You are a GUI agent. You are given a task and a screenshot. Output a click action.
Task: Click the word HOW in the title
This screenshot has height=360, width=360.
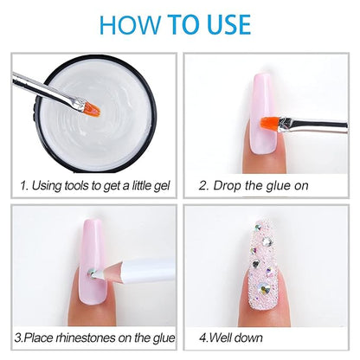click(x=130, y=24)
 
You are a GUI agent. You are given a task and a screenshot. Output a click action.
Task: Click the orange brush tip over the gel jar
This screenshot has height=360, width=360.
click(x=92, y=110)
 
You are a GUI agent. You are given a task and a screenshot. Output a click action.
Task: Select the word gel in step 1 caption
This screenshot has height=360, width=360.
click(x=162, y=186)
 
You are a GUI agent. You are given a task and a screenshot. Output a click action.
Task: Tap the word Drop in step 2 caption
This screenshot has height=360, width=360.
click(x=227, y=186)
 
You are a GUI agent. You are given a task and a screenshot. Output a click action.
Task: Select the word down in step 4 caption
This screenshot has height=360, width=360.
click(x=248, y=337)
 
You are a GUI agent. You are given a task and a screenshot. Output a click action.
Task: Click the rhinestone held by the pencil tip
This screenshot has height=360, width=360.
click(x=92, y=273)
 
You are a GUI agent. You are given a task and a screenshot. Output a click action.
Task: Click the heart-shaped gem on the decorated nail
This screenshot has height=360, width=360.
click(x=255, y=264)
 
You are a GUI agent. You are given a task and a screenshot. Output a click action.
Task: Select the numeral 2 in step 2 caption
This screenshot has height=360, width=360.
click(x=203, y=186)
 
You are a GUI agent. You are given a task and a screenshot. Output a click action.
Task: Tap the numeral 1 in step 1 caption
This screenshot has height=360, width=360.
click(x=23, y=185)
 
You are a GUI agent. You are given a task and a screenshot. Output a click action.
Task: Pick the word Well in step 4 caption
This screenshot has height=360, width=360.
click(x=221, y=337)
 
